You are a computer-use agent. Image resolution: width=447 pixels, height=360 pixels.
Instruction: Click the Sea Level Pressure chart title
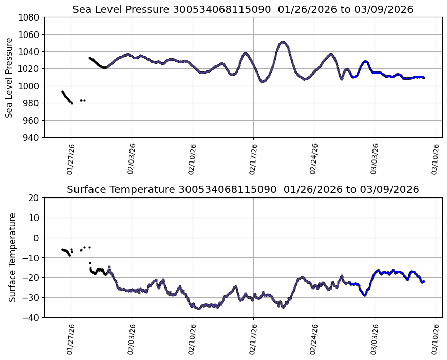point(243,10)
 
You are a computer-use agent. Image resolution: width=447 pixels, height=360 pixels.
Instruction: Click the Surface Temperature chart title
point(243,190)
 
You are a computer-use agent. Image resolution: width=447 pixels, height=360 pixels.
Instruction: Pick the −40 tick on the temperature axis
point(32,318)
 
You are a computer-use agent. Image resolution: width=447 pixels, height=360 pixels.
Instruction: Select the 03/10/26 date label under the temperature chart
point(435,339)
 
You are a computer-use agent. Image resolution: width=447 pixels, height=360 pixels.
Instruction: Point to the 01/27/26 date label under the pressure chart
point(71,159)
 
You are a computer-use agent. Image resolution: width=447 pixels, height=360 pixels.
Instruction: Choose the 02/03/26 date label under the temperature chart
point(132,339)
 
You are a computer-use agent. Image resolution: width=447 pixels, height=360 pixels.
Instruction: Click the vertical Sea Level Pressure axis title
point(10,77)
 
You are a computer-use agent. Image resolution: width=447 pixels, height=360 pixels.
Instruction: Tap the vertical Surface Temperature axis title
point(13,257)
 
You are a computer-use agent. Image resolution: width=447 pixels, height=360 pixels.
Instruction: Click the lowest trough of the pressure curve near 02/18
point(263,81)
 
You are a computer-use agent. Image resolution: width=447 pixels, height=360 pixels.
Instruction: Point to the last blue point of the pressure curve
point(424,78)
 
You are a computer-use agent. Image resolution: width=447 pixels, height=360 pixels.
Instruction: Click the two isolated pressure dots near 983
point(82,100)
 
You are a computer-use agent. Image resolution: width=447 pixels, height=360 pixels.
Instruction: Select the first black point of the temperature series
point(62,250)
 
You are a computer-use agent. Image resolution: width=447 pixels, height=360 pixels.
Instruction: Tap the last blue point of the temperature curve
point(424,281)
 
